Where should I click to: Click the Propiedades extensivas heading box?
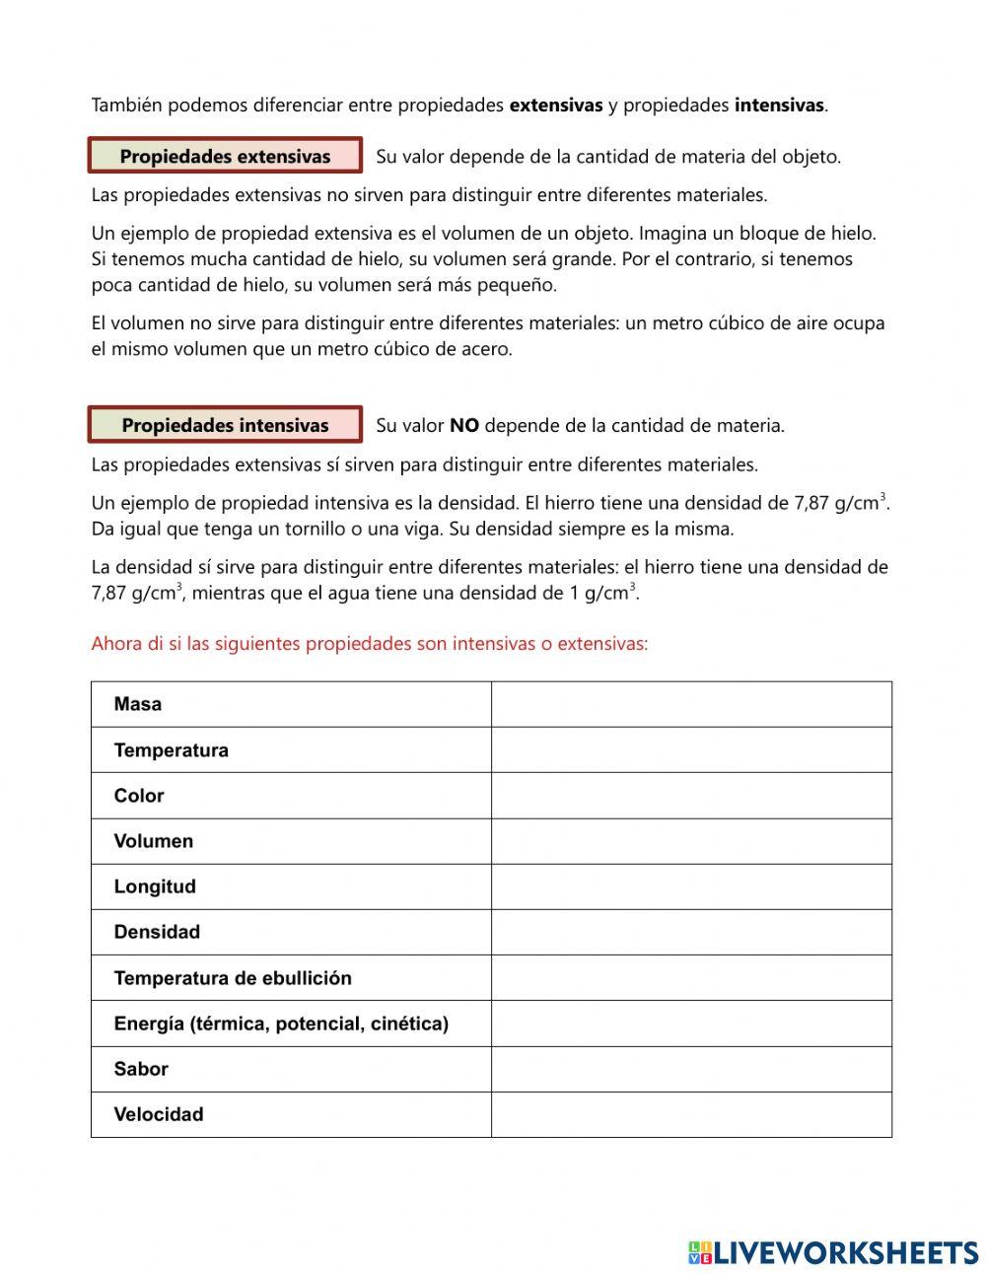(x=225, y=156)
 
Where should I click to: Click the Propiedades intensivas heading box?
(x=225, y=425)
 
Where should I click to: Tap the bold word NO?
(x=463, y=425)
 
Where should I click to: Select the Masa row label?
(x=137, y=704)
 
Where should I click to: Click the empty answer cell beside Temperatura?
(x=691, y=749)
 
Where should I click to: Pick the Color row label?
(x=139, y=796)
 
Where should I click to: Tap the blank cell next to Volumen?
(x=691, y=841)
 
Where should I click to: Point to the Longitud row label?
(x=155, y=886)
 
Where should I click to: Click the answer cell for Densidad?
(x=691, y=932)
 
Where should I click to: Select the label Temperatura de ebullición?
(x=233, y=978)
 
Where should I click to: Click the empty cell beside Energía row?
(x=691, y=1024)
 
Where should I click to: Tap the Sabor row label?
(x=141, y=1069)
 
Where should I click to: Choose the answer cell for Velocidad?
(x=691, y=1114)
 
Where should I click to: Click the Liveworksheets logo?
(x=833, y=1252)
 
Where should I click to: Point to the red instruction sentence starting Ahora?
(x=369, y=644)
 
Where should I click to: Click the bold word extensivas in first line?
(x=555, y=105)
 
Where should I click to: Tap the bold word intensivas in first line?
(x=779, y=105)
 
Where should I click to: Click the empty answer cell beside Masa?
(x=691, y=704)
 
